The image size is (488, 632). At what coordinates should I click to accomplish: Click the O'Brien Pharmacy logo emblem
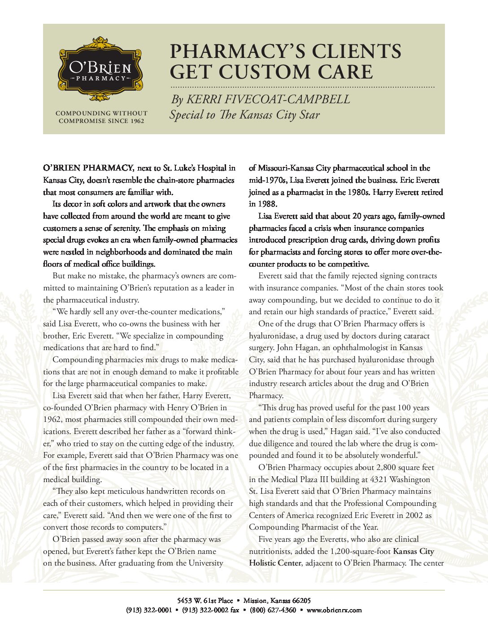(100, 70)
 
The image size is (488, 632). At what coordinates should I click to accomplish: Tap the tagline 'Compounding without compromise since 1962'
(101, 117)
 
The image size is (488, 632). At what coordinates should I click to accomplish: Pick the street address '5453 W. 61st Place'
(205, 601)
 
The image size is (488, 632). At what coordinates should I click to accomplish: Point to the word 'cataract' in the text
(414, 336)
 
